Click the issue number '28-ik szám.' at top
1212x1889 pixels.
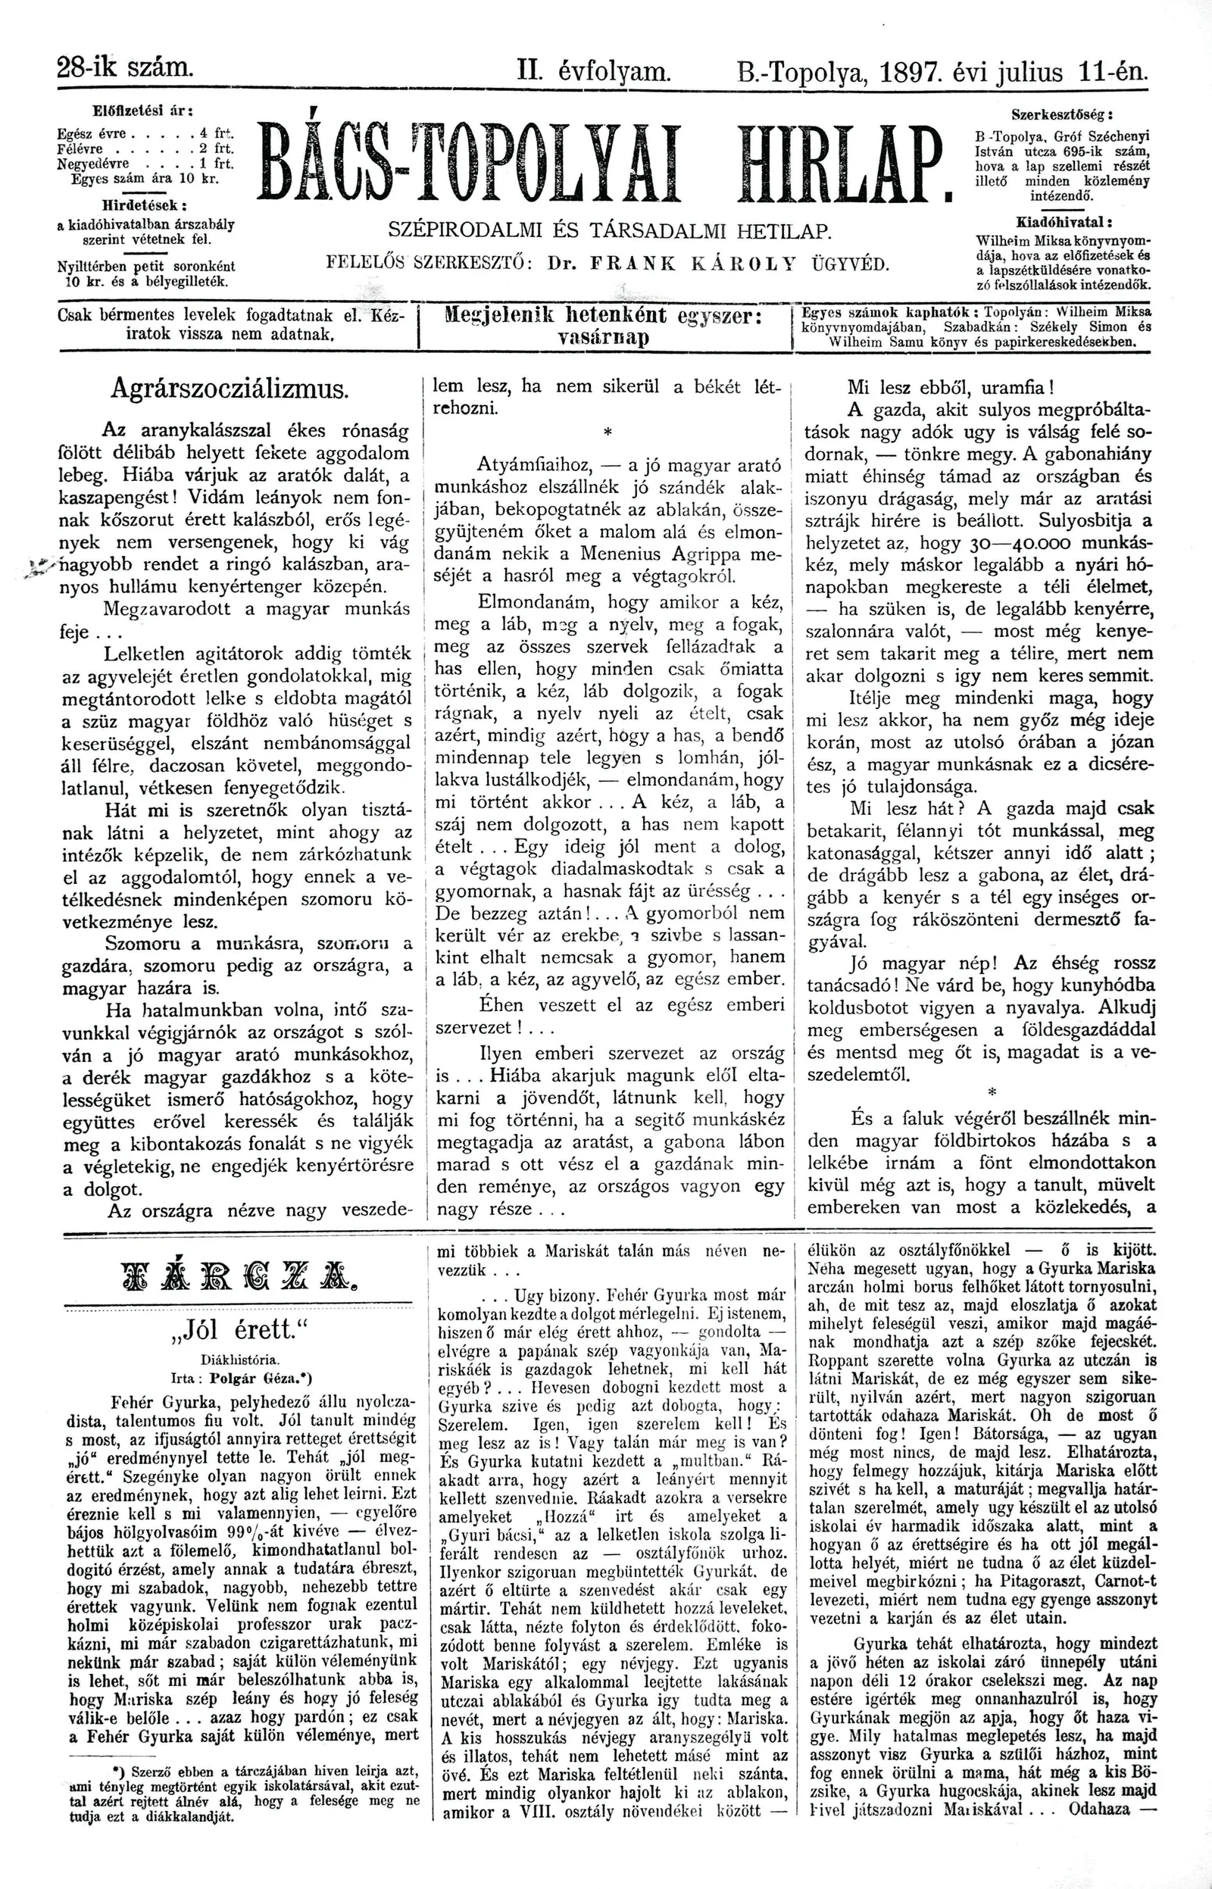[125, 67]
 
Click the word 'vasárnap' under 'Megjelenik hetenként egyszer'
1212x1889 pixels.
[604, 339]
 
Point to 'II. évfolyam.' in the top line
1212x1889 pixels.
[594, 73]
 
